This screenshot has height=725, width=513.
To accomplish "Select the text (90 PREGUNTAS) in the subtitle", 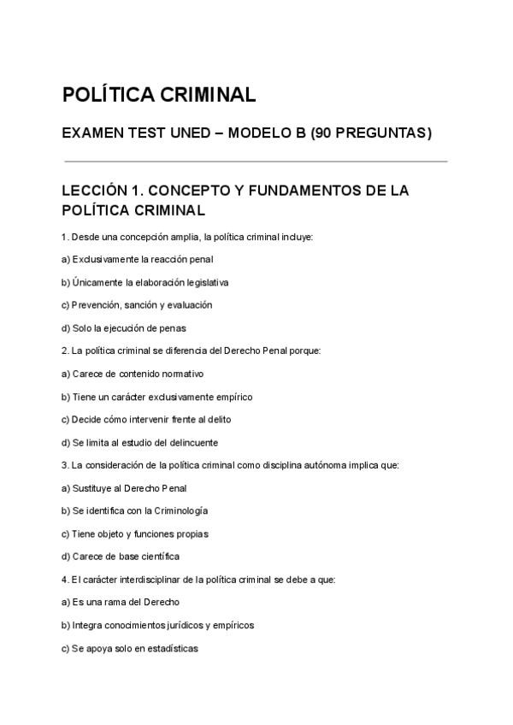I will pos(371,133).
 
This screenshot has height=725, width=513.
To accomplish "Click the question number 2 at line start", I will pos(65,351).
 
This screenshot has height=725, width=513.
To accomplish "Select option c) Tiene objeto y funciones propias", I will pos(135,533).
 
